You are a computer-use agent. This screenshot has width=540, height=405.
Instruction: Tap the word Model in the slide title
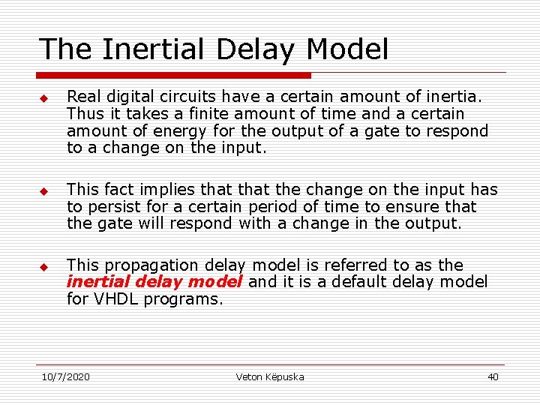point(348,49)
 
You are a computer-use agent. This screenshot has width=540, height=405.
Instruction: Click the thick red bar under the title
point(174,75)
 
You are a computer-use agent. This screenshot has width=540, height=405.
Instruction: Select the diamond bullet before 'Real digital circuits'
point(44,98)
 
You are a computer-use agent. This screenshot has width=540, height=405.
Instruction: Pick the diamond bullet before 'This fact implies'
point(44,191)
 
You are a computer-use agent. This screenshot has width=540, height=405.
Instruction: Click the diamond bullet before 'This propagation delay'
point(44,267)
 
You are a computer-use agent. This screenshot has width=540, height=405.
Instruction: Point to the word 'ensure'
point(414,207)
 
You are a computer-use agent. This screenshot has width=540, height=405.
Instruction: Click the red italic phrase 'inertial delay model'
point(154,282)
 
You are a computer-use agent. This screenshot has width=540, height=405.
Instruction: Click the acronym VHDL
point(115,299)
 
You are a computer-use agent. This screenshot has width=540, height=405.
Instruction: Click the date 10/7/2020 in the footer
point(65,376)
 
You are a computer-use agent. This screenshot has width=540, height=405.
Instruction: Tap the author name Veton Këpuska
point(270,376)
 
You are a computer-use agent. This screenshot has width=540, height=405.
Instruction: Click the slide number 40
point(493,376)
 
